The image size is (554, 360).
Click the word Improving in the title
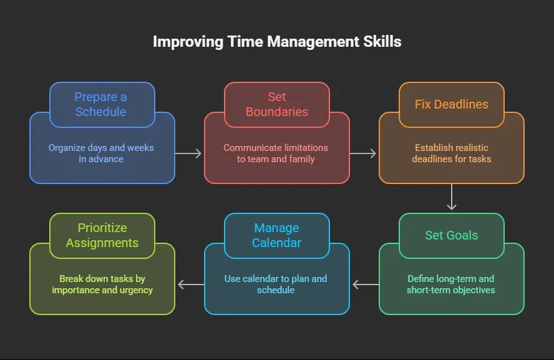click(x=188, y=42)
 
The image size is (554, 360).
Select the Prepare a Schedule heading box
click(x=102, y=105)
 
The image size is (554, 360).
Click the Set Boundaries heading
click(x=277, y=105)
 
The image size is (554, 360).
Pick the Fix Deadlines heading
click(x=452, y=105)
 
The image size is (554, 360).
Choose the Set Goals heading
click(x=452, y=236)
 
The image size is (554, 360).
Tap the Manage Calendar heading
click(x=277, y=236)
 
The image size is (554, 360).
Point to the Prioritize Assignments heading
click(x=102, y=236)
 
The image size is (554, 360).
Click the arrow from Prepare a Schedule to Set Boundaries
click(x=188, y=153)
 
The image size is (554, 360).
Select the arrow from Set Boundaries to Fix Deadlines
click(x=363, y=153)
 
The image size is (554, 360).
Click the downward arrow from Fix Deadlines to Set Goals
click(x=452, y=197)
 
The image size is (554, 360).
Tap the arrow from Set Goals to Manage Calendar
click(x=366, y=285)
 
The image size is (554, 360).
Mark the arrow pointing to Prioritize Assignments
click(x=191, y=285)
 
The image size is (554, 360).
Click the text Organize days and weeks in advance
click(x=101, y=153)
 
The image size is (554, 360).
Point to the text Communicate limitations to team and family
click(x=276, y=153)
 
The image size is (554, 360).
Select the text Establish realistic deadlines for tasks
click(x=452, y=153)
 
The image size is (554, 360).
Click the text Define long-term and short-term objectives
click(x=451, y=285)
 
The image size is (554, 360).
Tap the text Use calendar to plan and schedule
click(x=276, y=285)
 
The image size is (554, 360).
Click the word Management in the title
click(x=313, y=42)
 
